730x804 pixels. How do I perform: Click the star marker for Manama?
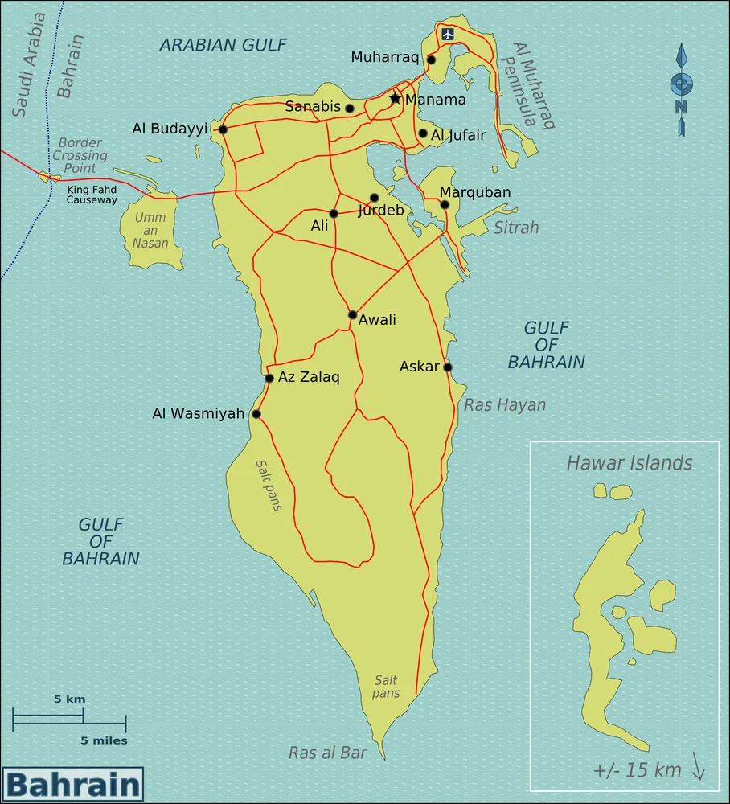point(395,98)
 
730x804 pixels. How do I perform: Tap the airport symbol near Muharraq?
point(448,34)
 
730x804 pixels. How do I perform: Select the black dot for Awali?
point(352,314)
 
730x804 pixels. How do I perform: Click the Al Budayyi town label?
point(170,129)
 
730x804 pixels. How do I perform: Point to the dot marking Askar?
point(448,367)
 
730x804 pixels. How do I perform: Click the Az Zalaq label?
point(309,377)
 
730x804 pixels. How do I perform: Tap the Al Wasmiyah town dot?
point(256,414)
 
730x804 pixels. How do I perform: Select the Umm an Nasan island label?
point(150,231)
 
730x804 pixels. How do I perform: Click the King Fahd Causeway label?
point(92,195)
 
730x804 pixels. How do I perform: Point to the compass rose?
point(682,89)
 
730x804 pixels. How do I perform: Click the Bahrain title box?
point(72,784)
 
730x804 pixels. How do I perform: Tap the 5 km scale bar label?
point(69,699)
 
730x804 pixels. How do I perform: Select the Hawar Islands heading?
point(630,463)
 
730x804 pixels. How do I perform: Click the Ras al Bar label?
point(327,753)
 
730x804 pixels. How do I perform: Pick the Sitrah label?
point(516,228)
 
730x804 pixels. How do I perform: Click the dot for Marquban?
point(445,204)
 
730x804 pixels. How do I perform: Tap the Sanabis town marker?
point(350,108)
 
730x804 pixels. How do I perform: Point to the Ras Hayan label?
point(505,405)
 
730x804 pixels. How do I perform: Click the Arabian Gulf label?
point(223,44)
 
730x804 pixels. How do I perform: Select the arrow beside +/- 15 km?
point(698,770)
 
